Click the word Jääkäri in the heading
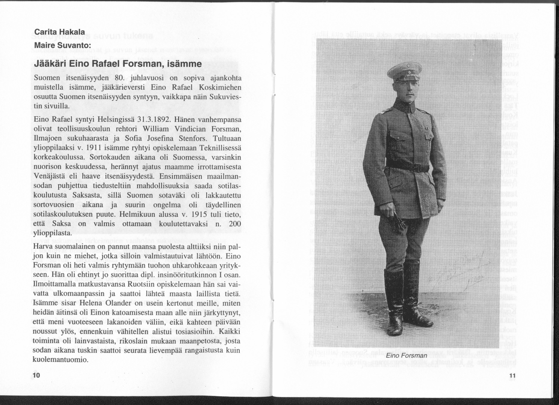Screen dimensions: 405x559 pos(50,64)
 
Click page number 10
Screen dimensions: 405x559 pos(36,376)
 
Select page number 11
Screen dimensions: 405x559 pos(514,376)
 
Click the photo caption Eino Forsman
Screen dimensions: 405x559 pos(407,355)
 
